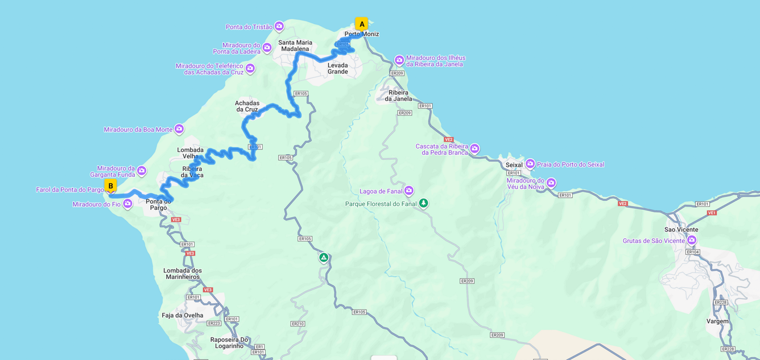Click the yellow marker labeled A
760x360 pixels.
[x=361, y=24]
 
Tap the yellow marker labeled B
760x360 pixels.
[x=110, y=185]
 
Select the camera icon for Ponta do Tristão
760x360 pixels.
[x=279, y=26]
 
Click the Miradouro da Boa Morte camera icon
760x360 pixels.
[x=179, y=129]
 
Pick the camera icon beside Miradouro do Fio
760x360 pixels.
[x=127, y=204]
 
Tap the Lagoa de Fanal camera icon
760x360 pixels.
[x=408, y=191]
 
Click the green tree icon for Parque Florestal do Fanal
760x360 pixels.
[x=423, y=203]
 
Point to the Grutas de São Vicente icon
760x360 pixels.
[x=692, y=240]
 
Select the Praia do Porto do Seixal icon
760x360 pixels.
[x=530, y=164]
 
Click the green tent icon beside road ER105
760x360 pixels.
[x=323, y=258]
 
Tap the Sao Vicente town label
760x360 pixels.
[x=681, y=230]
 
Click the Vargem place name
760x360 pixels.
[x=717, y=321]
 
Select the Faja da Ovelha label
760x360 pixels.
[x=182, y=316]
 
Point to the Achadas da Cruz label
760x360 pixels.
[x=247, y=106]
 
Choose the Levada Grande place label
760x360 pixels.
[x=337, y=68]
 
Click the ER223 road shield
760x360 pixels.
[x=214, y=324]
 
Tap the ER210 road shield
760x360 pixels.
[x=298, y=324]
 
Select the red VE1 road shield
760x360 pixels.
[x=711, y=213]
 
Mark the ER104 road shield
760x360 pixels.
[x=692, y=252]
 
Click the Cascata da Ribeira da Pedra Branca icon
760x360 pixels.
[x=474, y=148]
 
